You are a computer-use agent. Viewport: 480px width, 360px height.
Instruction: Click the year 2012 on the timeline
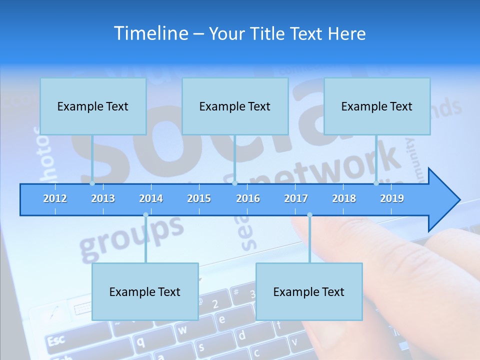point(55,198)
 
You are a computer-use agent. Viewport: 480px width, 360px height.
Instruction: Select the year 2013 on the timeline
point(103,198)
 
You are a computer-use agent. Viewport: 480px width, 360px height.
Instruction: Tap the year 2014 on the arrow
point(151,198)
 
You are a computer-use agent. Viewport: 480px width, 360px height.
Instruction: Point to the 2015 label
point(199,198)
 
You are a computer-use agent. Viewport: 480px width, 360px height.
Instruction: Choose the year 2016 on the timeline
point(248,198)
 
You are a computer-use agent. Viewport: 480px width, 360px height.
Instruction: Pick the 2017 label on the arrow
point(296,198)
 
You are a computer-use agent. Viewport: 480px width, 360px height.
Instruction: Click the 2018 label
point(344,198)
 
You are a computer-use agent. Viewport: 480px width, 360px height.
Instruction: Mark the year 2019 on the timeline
point(392,198)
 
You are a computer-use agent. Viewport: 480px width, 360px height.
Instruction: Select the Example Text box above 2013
point(93,106)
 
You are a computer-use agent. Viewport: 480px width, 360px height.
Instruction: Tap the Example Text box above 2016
point(235,106)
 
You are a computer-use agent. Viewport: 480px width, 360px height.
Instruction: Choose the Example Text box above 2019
point(377,106)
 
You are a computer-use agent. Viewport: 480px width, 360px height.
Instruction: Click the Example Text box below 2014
point(145,292)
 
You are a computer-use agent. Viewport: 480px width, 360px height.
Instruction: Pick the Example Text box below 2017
point(309,292)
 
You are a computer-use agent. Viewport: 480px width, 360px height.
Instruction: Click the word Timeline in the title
point(150,33)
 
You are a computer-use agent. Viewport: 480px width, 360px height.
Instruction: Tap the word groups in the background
point(131,233)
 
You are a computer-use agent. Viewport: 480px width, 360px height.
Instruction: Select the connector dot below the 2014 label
point(145,215)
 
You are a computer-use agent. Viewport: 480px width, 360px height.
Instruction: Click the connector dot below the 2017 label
point(309,215)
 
